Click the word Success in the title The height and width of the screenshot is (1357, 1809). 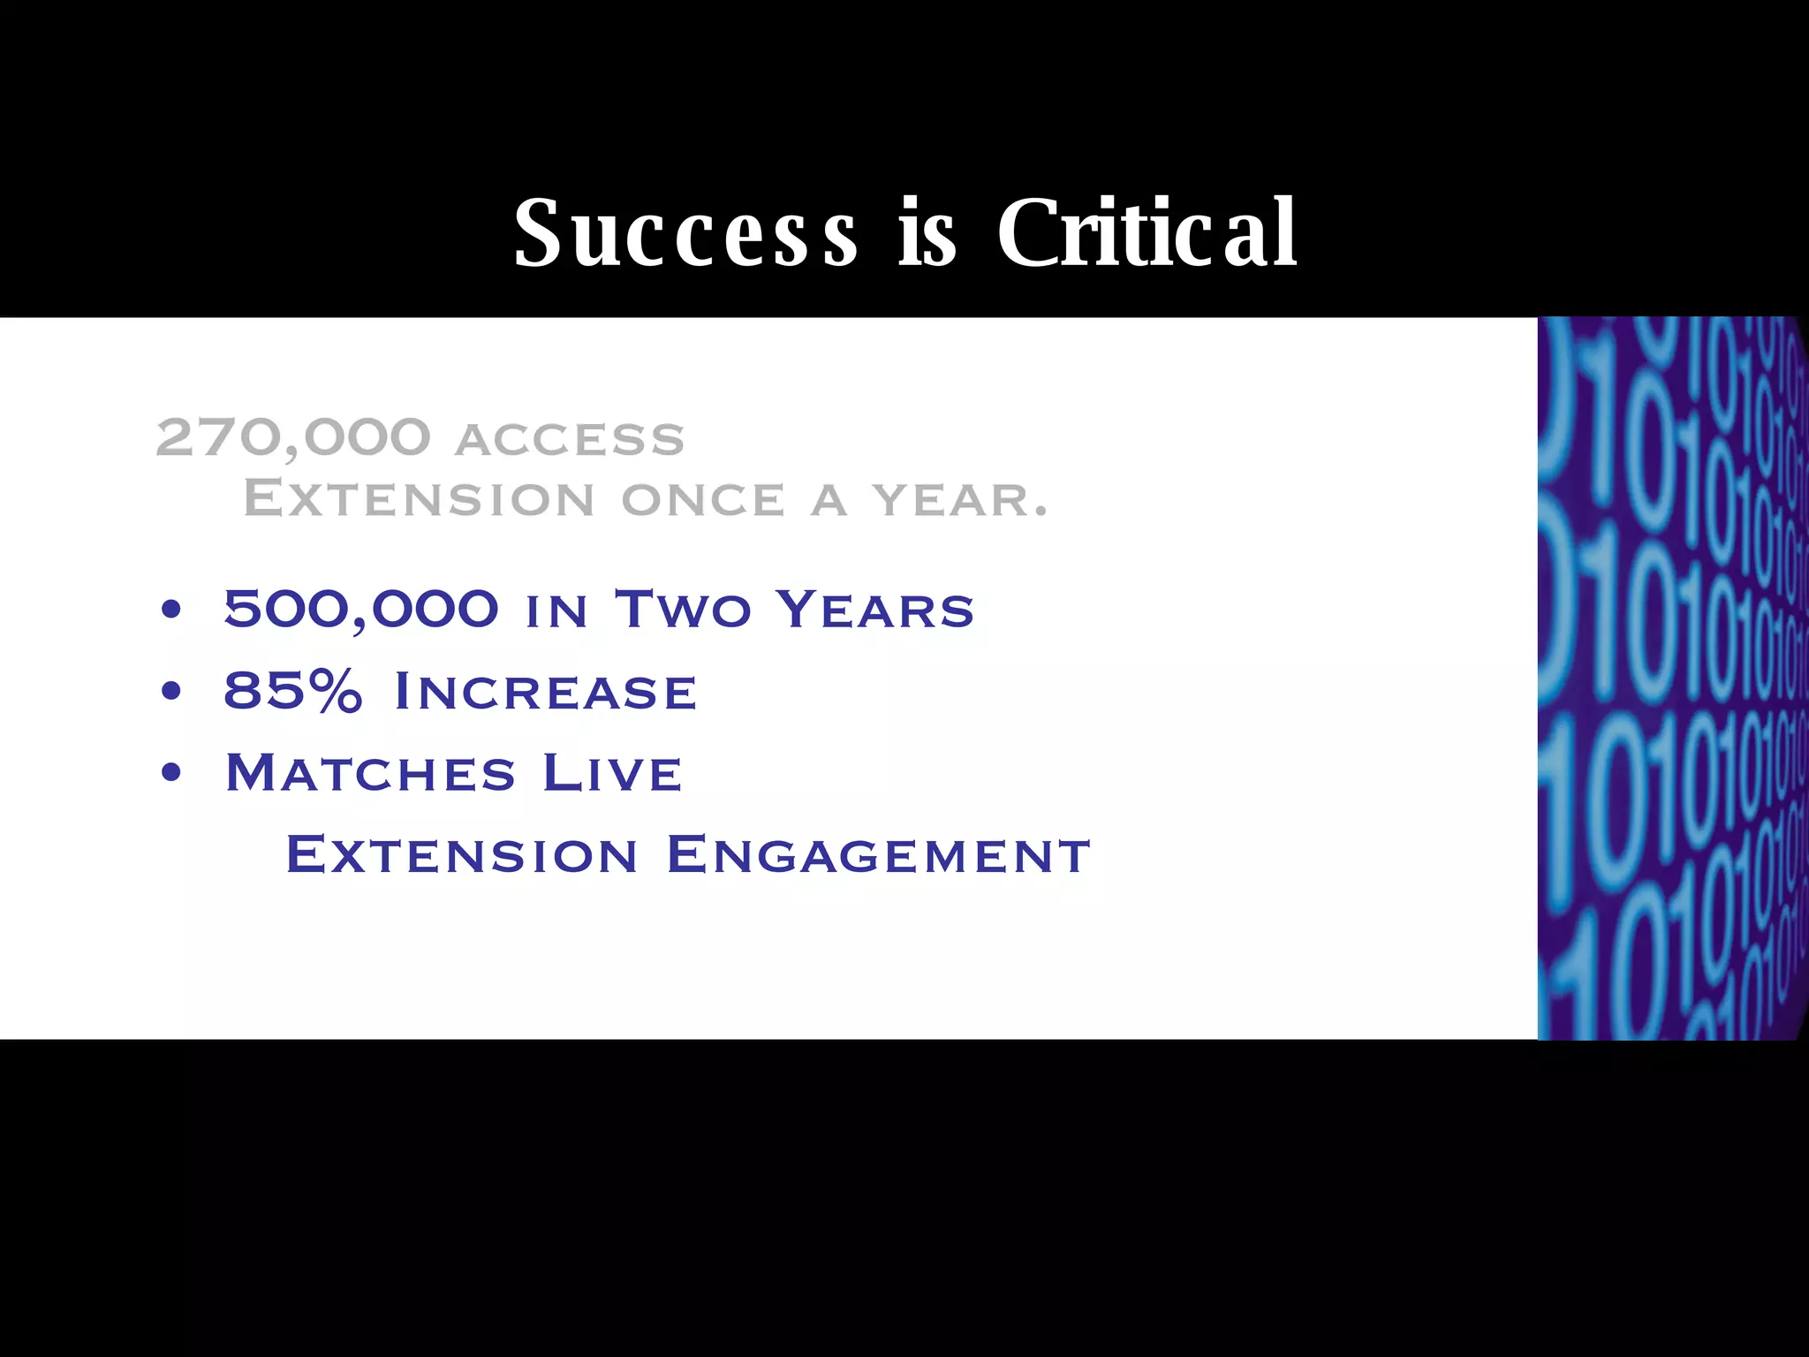click(x=685, y=233)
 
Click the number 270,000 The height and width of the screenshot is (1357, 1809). click(x=293, y=437)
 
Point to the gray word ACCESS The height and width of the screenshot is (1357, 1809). click(x=570, y=440)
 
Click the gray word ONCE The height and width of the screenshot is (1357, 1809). click(x=703, y=501)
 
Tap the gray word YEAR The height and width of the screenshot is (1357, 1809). click(x=960, y=501)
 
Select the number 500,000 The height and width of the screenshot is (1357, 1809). click(x=361, y=609)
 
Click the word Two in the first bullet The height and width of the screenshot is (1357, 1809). click(x=683, y=609)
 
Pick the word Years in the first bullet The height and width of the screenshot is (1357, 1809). click(x=874, y=609)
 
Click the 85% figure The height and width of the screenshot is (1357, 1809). click(x=293, y=690)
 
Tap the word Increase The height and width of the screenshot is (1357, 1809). click(x=546, y=691)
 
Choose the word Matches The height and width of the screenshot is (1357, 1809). click(x=370, y=773)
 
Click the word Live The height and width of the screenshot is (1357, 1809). click(x=612, y=773)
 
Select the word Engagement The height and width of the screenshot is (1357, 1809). click(x=879, y=855)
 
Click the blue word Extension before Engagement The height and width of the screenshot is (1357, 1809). click(x=461, y=855)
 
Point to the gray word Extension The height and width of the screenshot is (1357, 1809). click(x=419, y=499)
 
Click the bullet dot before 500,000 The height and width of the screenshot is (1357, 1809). click(x=171, y=609)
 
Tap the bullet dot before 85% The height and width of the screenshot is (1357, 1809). click(x=171, y=691)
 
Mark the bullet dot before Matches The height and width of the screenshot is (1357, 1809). click(x=171, y=773)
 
